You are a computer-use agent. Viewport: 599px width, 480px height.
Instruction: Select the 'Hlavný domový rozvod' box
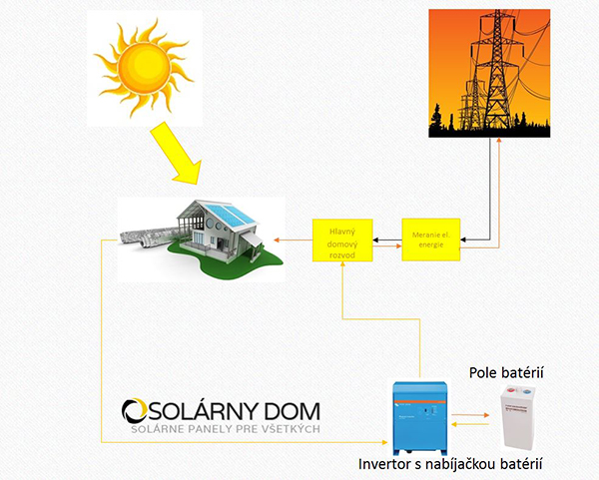click(x=341, y=240)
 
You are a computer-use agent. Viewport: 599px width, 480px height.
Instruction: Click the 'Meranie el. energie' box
click(x=431, y=240)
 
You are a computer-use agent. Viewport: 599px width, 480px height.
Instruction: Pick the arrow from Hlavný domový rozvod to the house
click(x=296, y=240)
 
